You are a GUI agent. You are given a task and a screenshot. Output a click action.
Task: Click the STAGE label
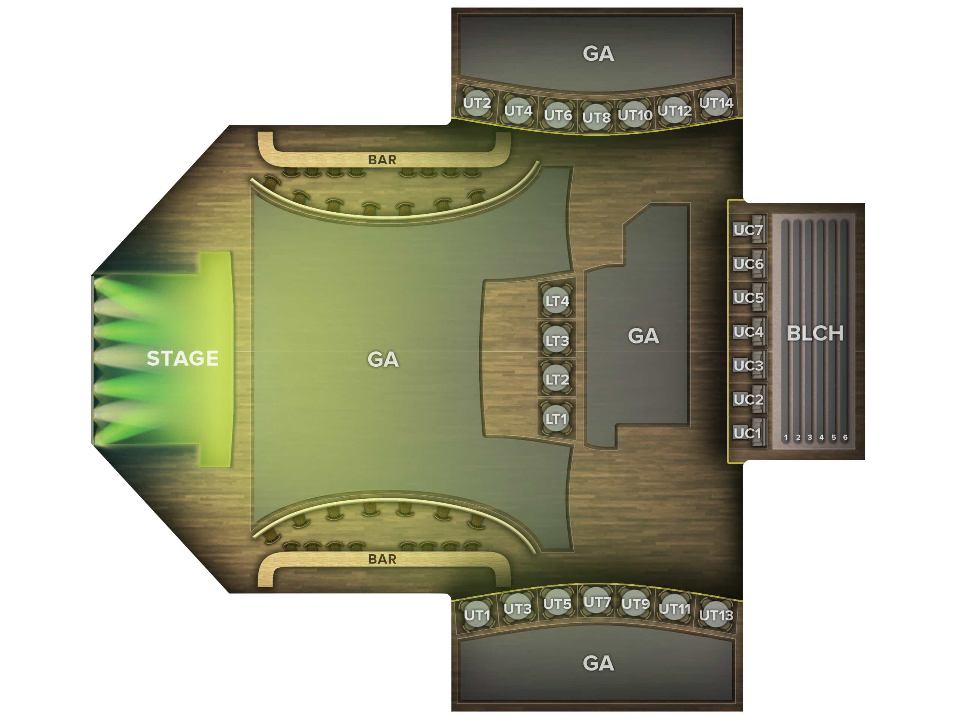click(x=182, y=358)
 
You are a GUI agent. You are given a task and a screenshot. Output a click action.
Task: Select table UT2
click(x=477, y=103)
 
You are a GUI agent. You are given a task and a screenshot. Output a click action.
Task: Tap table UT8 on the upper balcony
click(x=596, y=117)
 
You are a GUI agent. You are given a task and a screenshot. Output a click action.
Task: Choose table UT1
click(x=477, y=615)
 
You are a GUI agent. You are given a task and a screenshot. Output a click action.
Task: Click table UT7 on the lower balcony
click(x=597, y=602)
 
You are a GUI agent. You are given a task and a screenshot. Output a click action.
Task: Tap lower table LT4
click(x=557, y=301)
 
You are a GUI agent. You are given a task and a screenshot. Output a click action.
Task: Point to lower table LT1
click(x=556, y=419)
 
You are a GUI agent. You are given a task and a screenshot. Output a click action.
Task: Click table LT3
click(x=557, y=340)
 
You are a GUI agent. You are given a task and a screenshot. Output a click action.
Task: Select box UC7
click(x=748, y=230)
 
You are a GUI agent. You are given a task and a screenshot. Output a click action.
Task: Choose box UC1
click(x=748, y=433)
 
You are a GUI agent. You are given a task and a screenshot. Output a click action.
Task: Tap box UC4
click(x=748, y=331)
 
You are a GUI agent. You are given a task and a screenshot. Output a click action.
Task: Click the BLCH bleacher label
click(x=815, y=333)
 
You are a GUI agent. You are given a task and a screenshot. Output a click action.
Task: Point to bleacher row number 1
click(x=786, y=437)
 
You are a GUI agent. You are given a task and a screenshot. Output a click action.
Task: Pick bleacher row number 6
click(x=845, y=437)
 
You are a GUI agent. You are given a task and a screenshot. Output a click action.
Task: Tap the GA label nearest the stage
click(x=383, y=359)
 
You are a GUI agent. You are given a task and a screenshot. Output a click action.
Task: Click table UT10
click(x=635, y=115)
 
